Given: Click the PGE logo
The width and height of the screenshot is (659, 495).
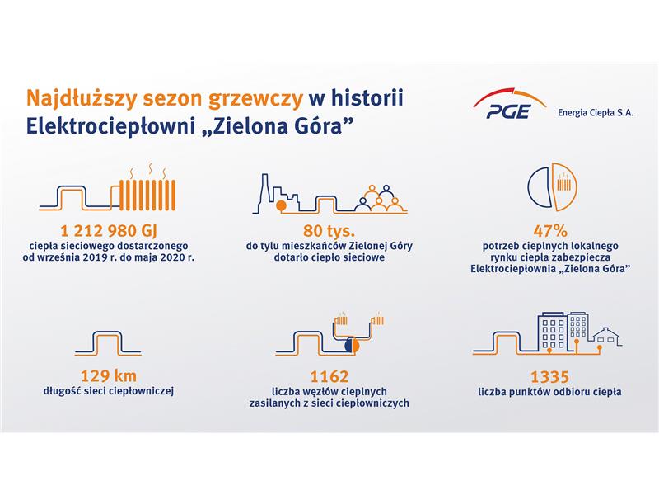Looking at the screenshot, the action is (509, 103).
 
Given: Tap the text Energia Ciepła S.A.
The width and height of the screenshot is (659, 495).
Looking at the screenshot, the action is (596, 113).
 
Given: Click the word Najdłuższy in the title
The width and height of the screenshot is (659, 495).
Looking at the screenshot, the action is (82, 99).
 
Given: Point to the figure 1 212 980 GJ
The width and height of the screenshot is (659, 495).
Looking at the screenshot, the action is (109, 231).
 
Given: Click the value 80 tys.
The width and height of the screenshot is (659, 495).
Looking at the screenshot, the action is (329, 231).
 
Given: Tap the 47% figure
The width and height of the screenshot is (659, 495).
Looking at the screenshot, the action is (550, 231).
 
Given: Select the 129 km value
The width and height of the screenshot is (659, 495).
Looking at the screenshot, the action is (109, 375).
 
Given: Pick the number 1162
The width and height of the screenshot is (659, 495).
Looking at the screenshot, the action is (329, 376).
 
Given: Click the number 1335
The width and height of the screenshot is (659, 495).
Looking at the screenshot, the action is (549, 376).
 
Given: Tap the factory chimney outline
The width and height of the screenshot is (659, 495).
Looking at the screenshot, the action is (264, 193).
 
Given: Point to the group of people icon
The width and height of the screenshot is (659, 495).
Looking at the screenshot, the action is (380, 198).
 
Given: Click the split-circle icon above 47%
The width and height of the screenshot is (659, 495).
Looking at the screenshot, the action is (552, 186).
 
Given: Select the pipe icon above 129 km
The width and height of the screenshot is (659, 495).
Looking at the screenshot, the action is (108, 343).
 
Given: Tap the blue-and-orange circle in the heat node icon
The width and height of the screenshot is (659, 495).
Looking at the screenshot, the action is (352, 346).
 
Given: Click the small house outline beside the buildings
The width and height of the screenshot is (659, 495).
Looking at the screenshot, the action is (606, 336).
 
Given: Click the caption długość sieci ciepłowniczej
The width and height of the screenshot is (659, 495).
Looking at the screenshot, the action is (109, 390).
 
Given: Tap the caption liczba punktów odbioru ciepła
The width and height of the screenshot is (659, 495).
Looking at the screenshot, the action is (549, 391).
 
